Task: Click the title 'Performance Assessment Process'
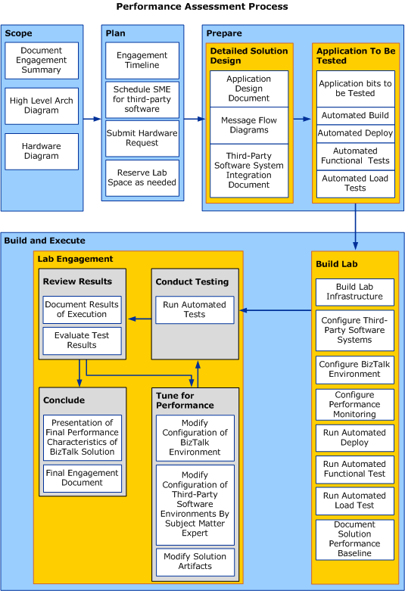click(202, 7)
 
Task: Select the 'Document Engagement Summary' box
click(41, 61)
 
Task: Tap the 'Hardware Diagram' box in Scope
click(41, 151)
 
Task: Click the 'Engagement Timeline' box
click(142, 61)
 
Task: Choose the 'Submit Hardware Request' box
click(142, 138)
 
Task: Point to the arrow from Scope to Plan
click(92, 119)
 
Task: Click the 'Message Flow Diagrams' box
click(248, 125)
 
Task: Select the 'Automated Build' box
click(355, 116)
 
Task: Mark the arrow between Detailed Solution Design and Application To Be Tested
click(303, 119)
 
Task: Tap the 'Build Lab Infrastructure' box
click(354, 292)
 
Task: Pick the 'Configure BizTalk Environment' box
click(354, 369)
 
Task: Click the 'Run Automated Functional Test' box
click(354, 469)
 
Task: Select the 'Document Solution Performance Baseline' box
click(354, 539)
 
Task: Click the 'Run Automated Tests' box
click(195, 309)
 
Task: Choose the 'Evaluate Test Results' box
click(82, 341)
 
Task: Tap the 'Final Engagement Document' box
click(82, 477)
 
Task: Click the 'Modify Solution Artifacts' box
click(195, 561)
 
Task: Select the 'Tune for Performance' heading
click(185, 400)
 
